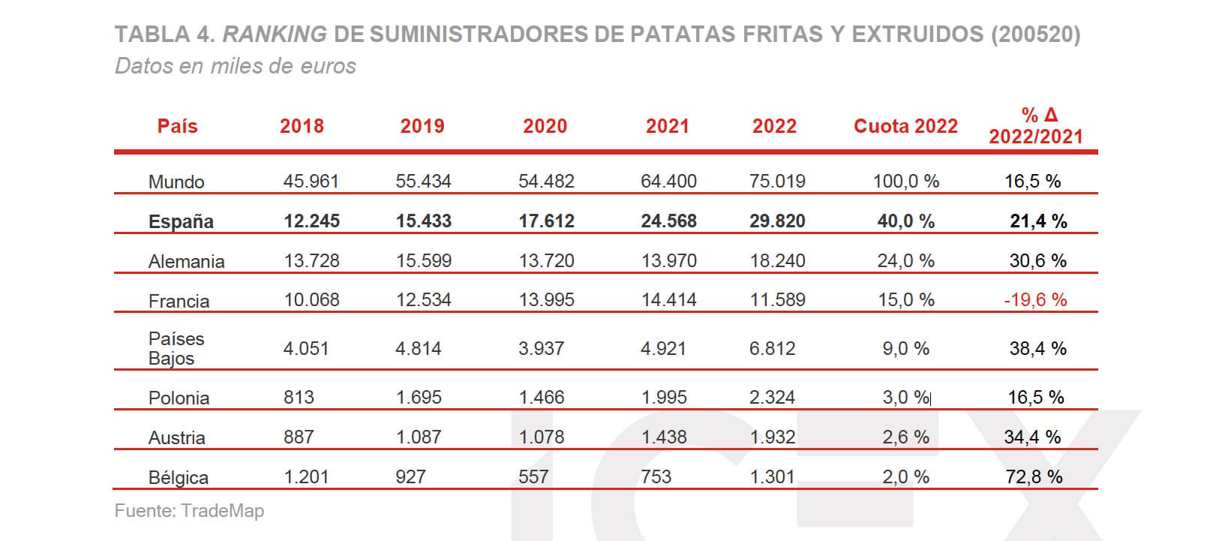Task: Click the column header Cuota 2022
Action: (x=905, y=126)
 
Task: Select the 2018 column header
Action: (x=302, y=126)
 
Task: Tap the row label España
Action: (x=181, y=221)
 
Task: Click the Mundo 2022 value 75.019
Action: (x=777, y=181)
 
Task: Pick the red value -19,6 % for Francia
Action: (x=1035, y=300)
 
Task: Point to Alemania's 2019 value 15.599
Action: (x=424, y=260)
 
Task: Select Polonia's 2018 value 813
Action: (x=299, y=397)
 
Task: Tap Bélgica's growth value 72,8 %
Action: (x=1034, y=476)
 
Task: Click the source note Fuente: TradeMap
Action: (x=189, y=511)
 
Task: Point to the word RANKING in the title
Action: (x=275, y=34)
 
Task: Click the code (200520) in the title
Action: (x=1035, y=34)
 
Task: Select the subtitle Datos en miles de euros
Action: (x=236, y=66)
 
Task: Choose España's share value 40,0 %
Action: (x=905, y=221)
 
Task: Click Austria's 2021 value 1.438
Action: (x=664, y=437)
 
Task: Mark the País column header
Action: (x=177, y=126)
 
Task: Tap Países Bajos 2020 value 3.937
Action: (x=541, y=348)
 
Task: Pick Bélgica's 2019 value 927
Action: (x=410, y=476)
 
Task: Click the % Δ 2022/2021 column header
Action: (x=1035, y=125)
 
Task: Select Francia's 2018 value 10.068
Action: (x=311, y=300)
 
